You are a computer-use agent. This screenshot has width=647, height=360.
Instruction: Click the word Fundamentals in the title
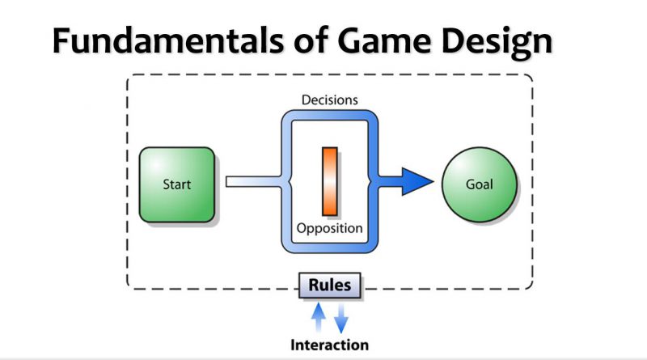[168, 41]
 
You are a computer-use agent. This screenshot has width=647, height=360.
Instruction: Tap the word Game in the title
[384, 41]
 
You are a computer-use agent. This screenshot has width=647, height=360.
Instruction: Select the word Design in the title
[497, 44]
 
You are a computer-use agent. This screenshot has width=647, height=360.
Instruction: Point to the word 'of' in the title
[311, 40]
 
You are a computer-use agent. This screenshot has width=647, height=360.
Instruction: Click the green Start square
[177, 184]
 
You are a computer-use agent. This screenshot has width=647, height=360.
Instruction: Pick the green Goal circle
[480, 184]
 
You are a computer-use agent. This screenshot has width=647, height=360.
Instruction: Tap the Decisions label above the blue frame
[330, 100]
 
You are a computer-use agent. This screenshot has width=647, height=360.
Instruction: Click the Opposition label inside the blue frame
[330, 228]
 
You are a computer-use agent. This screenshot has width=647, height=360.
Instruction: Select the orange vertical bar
[330, 181]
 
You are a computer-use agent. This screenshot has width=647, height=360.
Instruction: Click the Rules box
[330, 285]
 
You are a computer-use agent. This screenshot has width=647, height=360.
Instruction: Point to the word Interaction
[330, 345]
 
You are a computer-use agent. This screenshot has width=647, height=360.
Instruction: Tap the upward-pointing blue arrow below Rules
[318, 317]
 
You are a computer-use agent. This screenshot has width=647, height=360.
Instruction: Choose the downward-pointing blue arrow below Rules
[341, 318]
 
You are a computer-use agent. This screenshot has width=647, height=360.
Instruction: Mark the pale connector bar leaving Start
[255, 182]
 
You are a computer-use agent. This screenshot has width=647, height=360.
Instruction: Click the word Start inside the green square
[177, 184]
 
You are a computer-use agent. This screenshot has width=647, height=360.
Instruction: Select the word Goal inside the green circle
[480, 184]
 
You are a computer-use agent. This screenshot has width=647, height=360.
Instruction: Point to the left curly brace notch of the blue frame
[290, 181]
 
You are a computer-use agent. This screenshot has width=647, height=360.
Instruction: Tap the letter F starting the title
[61, 41]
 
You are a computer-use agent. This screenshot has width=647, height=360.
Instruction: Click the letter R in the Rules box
[315, 285]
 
